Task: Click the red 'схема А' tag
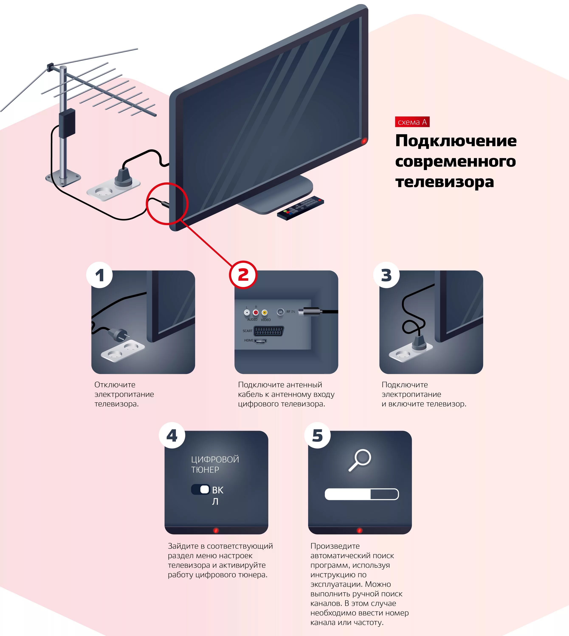click(x=412, y=122)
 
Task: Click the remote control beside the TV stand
click(x=300, y=208)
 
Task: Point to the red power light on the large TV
click(x=364, y=141)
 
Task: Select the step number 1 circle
click(x=99, y=275)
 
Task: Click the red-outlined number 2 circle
click(x=243, y=275)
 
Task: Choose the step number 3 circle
click(x=386, y=275)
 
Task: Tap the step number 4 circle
click(x=172, y=435)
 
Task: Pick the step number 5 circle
click(x=317, y=435)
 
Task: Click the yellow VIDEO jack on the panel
click(x=265, y=312)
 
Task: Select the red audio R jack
click(x=256, y=312)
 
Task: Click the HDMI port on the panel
click(x=260, y=342)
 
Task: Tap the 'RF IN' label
click(x=290, y=312)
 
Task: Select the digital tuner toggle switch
click(x=201, y=489)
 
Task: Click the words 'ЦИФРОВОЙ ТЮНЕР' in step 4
click(x=215, y=464)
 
